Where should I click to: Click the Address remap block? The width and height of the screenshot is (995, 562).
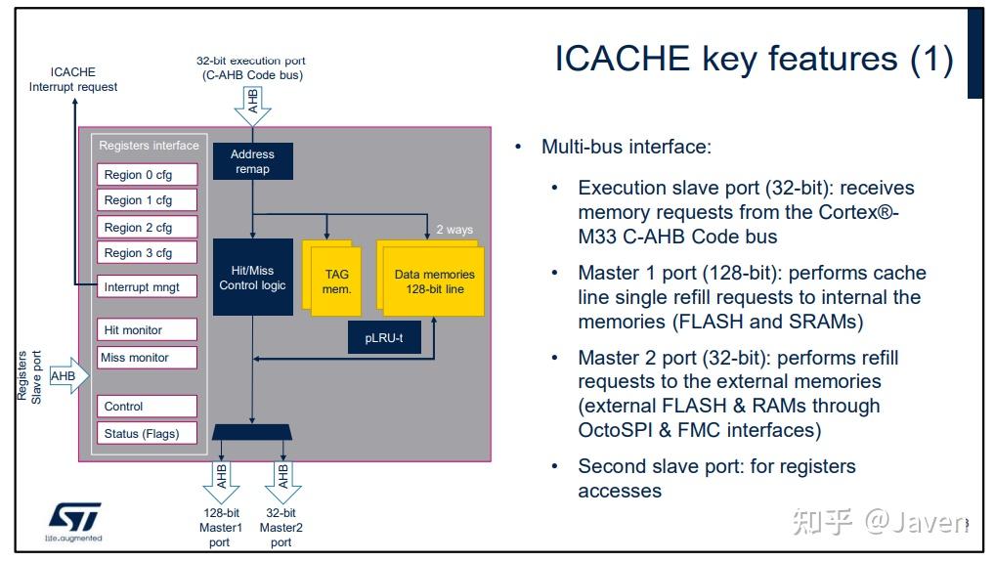pos(252,161)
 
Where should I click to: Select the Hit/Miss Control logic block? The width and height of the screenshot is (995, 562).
pos(252,278)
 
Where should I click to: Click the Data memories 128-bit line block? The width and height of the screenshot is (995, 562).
pos(434,281)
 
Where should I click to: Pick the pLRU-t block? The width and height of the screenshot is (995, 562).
pos(383,337)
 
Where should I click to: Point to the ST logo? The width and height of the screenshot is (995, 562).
pos(74,518)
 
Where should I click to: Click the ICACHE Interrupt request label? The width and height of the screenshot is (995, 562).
pos(73,79)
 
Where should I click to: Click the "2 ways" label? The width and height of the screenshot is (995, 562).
pos(454,230)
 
